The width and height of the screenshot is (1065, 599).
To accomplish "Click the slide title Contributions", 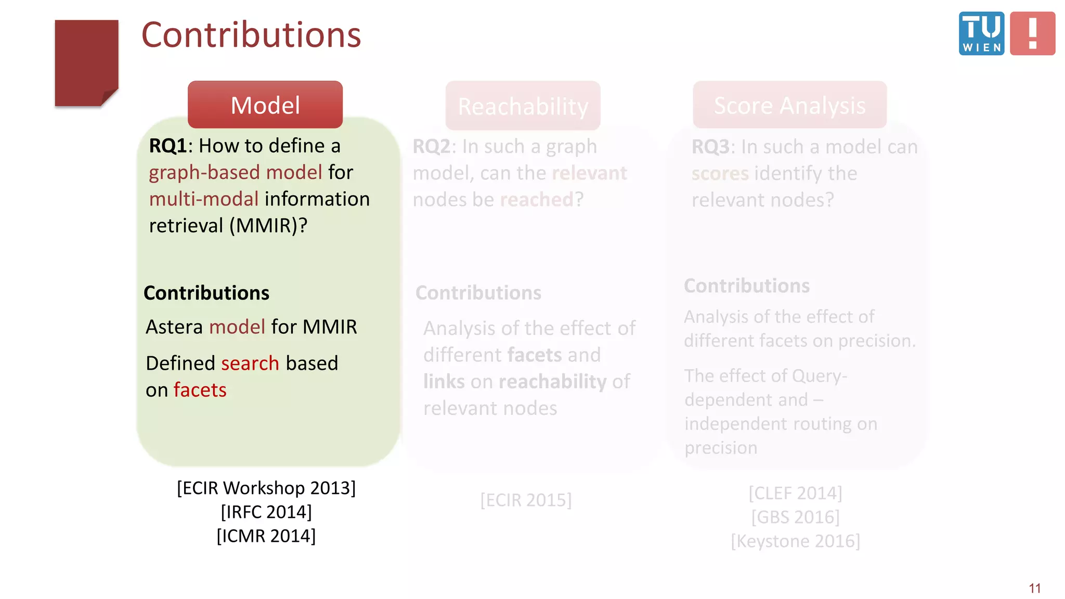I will pos(251,35).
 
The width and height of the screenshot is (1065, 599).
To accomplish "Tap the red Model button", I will pos(265,105).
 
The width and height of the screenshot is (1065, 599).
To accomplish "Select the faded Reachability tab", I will pos(523,106).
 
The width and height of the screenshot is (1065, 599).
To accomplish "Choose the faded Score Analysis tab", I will pos(789,106).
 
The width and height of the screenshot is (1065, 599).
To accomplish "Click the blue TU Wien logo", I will pos(981,34).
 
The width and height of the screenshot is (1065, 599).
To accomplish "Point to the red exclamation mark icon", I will pos(1032,34).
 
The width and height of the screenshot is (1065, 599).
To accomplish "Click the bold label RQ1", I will pos(167,146).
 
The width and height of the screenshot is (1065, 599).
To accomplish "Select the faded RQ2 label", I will pos(431,147).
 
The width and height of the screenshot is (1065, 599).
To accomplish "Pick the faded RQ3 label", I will pos(710,147).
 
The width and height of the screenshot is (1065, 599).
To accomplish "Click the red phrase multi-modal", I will pos(204,199).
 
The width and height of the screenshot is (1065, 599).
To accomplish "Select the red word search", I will pos(250,363).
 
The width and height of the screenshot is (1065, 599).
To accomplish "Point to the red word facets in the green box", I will pos(200,390).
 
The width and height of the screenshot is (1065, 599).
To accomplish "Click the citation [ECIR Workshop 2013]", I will pos(266,488).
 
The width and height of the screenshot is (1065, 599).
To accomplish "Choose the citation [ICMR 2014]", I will pos(266,536).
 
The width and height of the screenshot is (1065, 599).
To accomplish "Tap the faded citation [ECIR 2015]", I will pos(526,500).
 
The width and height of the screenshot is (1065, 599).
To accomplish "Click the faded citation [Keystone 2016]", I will pos(795,541).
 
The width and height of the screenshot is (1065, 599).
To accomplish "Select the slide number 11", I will pos(1034,588).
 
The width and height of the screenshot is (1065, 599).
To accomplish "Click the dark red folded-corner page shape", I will pos(86,62).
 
